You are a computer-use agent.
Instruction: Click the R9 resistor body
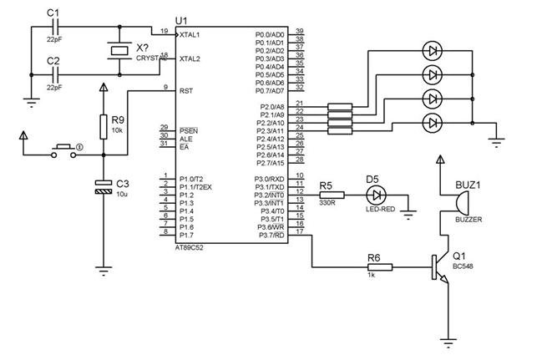[x=103, y=125]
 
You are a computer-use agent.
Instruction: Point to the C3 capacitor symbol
[x=103, y=187]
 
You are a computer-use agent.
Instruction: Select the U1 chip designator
[x=181, y=20]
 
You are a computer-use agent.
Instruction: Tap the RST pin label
[x=185, y=90]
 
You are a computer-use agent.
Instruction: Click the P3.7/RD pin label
[x=271, y=235]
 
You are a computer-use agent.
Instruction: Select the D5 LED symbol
[x=377, y=195]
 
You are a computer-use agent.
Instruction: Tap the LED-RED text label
[x=379, y=210]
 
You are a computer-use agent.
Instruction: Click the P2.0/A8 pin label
[x=271, y=107]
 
